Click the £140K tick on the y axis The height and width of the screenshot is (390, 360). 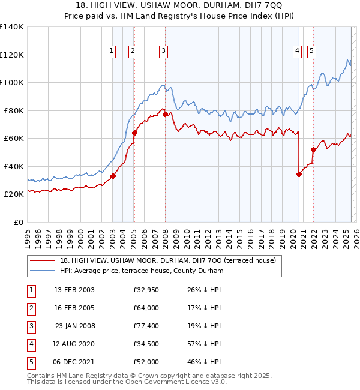point(11,27)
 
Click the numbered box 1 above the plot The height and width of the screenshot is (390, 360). point(112,52)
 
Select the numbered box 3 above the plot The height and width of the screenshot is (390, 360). point(163,52)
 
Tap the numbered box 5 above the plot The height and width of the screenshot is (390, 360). point(312,52)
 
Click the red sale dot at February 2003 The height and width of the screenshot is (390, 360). point(113,176)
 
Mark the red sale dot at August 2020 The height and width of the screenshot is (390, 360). point(299,174)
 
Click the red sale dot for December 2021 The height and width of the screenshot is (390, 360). point(313,149)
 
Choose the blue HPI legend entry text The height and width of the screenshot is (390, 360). point(142,271)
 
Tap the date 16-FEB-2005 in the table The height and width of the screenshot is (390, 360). point(74,308)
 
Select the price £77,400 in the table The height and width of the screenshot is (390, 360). point(146,326)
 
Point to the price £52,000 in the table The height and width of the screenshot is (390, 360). point(146,362)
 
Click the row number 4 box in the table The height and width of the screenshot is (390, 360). point(30,344)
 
